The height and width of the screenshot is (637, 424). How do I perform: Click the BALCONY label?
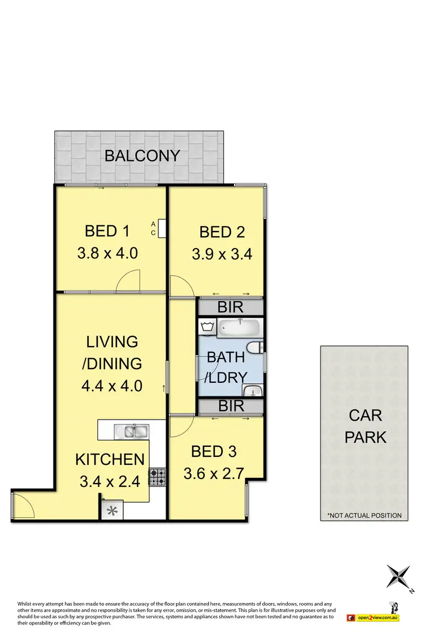coord(142,156)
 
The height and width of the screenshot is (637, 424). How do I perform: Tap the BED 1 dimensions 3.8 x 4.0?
coord(107,253)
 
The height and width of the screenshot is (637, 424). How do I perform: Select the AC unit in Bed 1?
coord(162,228)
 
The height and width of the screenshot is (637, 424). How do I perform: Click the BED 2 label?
coord(222,232)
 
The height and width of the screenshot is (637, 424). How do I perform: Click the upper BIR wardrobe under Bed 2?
coord(230,307)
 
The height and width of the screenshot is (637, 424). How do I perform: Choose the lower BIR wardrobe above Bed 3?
coord(230,406)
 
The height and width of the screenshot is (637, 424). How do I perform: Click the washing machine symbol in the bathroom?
coord(206,327)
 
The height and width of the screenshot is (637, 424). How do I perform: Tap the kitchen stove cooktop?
coord(157,477)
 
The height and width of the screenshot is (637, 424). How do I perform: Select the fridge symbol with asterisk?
coord(112,511)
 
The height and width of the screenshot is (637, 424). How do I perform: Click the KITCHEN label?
coord(110,460)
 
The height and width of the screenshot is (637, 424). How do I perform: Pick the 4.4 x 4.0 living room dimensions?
coord(111,386)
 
